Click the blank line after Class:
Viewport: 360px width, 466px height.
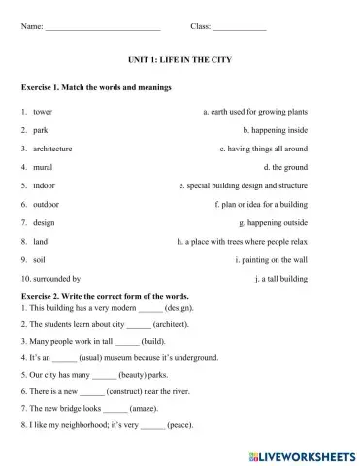coord(239,25)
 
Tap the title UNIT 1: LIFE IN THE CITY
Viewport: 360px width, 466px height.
coord(180,60)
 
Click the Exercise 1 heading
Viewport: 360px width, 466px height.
coord(95,87)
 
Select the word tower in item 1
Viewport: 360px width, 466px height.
coord(43,112)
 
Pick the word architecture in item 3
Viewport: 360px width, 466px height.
coord(56,149)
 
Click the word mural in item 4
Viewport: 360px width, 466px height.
coord(45,167)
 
